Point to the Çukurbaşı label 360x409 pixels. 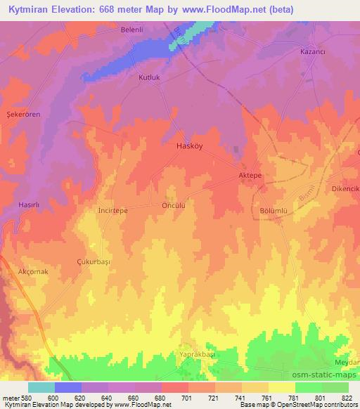click(x=94, y=260)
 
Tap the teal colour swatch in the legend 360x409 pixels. click(x=41, y=387)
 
